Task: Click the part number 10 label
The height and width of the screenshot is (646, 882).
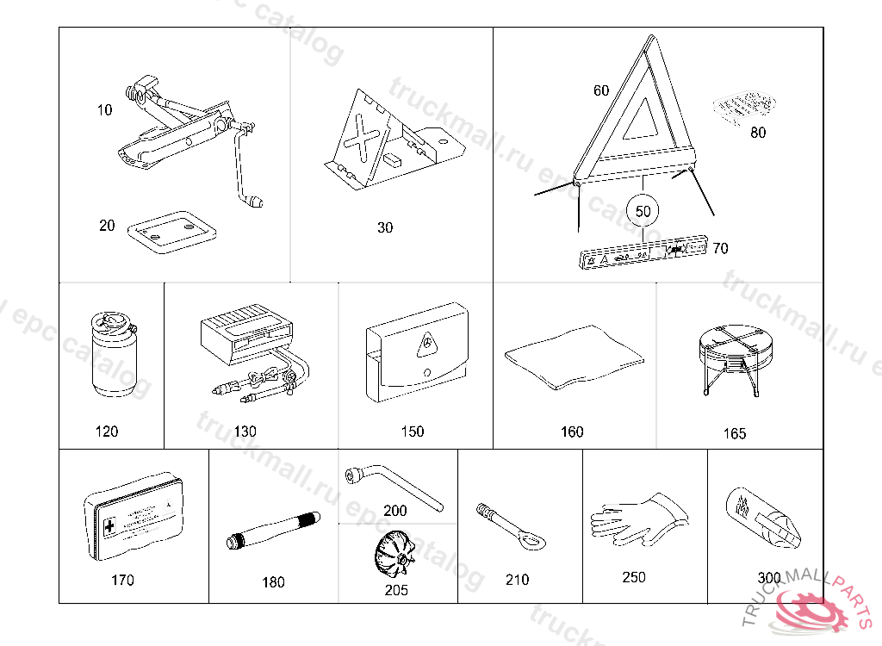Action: pyautogui.click(x=104, y=110)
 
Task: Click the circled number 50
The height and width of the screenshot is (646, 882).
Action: pyautogui.click(x=643, y=210)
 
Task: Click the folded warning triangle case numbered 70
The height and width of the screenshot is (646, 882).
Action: pyautogui.click(x=642, y=253)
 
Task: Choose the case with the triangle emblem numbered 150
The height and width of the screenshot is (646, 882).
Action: pyautogui.click(x=416, y=353)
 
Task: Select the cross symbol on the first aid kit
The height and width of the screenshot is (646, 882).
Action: pyautogui.click(x=109, y=525)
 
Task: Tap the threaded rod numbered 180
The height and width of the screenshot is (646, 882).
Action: pyautogui.click(x=272, y=531)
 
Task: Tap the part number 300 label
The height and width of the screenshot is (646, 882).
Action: pyautogui.click(x=769, y=578)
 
